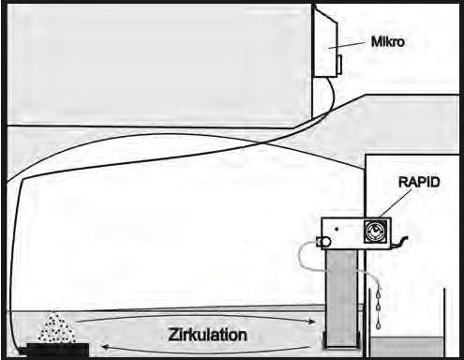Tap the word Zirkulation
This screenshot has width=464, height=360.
(x=208, y=334)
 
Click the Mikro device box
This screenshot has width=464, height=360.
(x=327, y=42)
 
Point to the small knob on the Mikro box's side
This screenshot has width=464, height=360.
(x=341, y=64)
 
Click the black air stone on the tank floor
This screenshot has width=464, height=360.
(x=56, y=351)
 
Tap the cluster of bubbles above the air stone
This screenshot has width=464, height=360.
(x=56, y=328)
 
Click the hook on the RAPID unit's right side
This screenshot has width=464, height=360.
(x=405, y=243)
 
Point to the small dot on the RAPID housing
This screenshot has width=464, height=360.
(x=337, y=227)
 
